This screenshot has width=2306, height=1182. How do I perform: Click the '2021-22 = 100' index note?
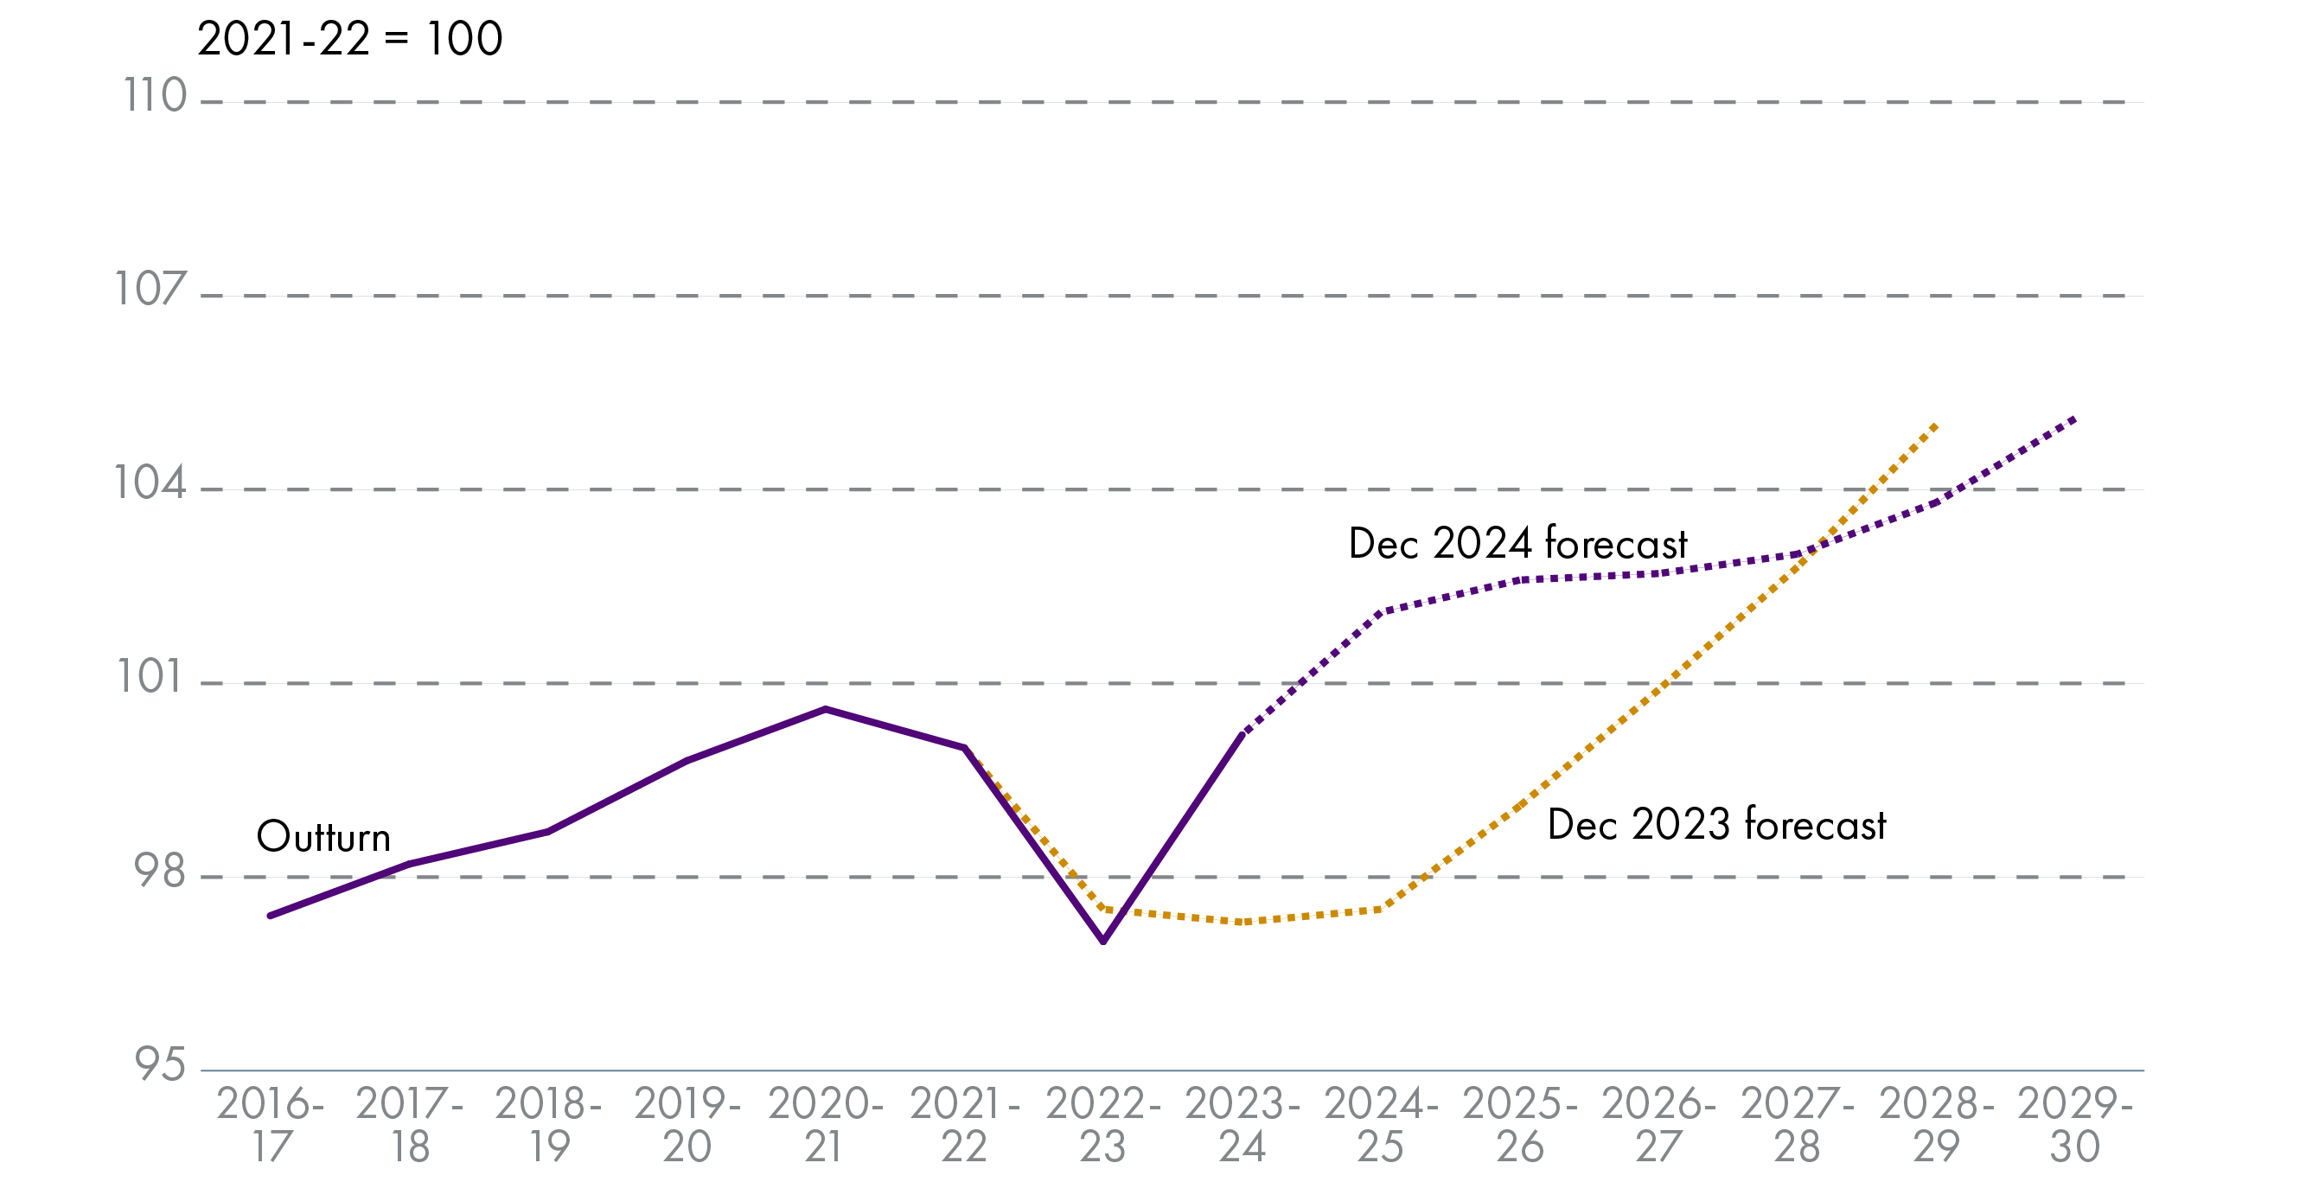pyautogui.click(x=349, y=40)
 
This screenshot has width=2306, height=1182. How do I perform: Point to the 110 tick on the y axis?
pyautogui.click(x=155, y=96)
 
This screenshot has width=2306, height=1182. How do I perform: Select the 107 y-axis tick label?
pyautogui.click(x=150, y=290)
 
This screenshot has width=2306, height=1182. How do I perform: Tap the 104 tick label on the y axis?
pyautogui.click(x=150, y=483)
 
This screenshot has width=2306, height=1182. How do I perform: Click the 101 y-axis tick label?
pyautogui.click(x=150, y=677)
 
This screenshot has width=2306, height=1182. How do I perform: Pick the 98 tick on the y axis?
pyautogui.click(x=159, y=872)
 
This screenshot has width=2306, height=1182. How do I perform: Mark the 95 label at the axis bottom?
pyautogui.click(x=159, y=1064)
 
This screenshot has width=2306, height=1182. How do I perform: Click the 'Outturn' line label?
pyautogui.click(x=323, y=837)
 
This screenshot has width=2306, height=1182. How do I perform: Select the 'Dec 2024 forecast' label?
pyautogui.click(x=1517, y=544)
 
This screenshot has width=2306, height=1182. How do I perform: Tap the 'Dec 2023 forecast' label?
pyautogui.click(x=1716, y=825)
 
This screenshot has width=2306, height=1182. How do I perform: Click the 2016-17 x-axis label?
pyautogui.click(x=271, y=1125)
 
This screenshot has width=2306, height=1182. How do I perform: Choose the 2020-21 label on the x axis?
pyautogui.click(x=825, y=1125)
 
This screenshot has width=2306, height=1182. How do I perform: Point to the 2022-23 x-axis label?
pyautogui.click(x=1103, y=1125)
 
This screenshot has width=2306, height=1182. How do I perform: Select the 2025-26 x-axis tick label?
pyautogui.click(x=1519, y=1125)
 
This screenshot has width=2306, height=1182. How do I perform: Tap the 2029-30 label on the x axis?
pyautogui.click(x=2075, y=1125)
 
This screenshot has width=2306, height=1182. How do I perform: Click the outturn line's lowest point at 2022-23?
pyautogui.click(x=1103, y=941)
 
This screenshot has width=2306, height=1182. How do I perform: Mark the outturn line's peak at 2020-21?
pyautogui.click(x=826, y=709)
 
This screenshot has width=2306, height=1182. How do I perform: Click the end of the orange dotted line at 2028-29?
pyautogui.click(x=1935, y=425)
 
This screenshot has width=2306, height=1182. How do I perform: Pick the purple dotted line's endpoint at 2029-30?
pyautogui.click(x=2074, y=419)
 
